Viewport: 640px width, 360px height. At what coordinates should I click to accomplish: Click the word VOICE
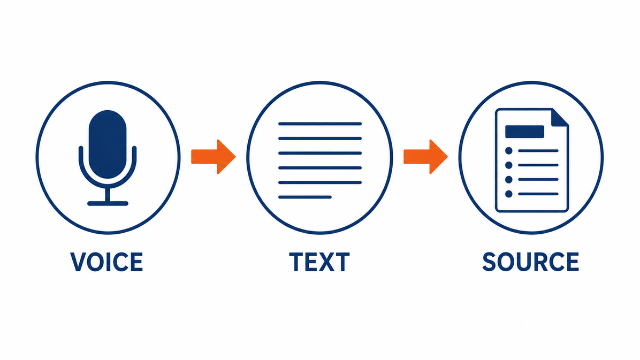(x=106, y=262)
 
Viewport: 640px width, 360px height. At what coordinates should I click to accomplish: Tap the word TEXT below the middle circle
(x=319, y=262)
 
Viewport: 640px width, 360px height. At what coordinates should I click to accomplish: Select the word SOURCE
(x=531, y=262)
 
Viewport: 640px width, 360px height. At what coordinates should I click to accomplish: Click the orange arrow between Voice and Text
(x=214, y=157)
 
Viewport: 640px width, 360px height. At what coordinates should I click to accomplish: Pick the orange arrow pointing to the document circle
(x=426, y=157)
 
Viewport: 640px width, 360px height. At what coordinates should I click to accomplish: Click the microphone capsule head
(x=108, y=144)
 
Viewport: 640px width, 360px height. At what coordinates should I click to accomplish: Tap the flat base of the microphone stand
(x=108, y=203)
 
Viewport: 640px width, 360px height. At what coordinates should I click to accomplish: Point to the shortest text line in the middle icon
(x=305, y=197)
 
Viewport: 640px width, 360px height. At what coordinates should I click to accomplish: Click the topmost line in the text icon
(x=320, y=124)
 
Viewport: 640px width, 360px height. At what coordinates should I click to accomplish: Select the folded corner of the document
(x=559, y=118)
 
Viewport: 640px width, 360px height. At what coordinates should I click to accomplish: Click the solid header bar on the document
(x=524, y=132)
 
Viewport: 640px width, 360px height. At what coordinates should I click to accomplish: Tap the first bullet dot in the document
(x=508, y=151)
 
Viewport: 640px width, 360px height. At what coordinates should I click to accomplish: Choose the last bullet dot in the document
(x=508, y=194)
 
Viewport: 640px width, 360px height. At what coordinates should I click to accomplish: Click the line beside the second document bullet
(x=538, y=165)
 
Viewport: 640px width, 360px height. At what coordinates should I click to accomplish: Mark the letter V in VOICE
(x=78, y=262)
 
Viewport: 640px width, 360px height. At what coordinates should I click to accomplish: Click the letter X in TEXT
(x=327, y=262)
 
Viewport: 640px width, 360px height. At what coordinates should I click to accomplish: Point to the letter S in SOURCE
(x=489, y=262)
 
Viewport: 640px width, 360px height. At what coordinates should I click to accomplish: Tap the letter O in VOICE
(x=96, y=262)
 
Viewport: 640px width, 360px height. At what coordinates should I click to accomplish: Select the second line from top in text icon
(x=320, y=139)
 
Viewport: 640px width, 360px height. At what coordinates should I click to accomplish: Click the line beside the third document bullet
(x=538, y=180)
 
